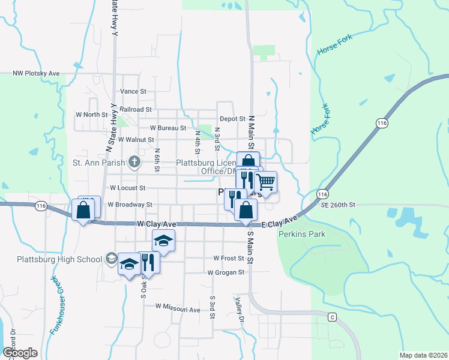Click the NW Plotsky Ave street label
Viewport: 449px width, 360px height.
[37, 73]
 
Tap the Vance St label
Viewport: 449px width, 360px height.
[133, 91]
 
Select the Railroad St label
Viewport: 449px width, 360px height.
[135, 110]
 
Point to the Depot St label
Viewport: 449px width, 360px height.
[232, 119]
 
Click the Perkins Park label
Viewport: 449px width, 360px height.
[301, 234]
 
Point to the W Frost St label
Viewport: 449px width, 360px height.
[229, 259]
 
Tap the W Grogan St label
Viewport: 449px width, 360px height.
[226, 272]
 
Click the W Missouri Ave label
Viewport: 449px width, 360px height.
[178, 306]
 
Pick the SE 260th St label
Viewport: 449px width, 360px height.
[338, 205]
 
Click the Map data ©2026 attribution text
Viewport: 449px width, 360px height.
[423, 355]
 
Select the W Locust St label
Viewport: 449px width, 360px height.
[128, 188]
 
